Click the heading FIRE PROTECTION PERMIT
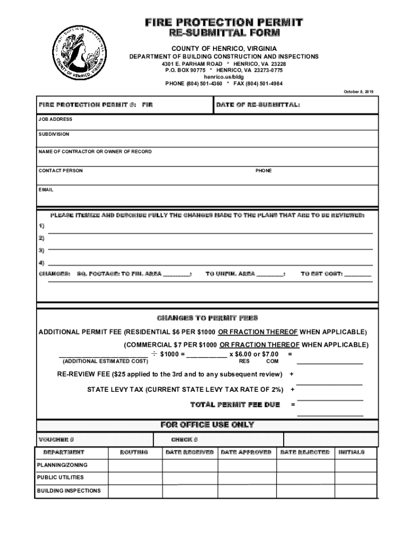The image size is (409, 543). point(224,22)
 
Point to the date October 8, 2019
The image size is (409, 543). point(359,92)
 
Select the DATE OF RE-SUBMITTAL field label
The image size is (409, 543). point(258,105)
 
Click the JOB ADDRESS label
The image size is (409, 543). point(55,120)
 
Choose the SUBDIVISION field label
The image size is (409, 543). point(54,135)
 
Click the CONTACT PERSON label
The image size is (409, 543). point(61,171)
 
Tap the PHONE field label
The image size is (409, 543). point(263,171)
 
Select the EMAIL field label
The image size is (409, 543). point(46,190)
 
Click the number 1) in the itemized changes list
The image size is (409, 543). point(41,226)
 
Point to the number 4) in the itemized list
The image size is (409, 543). point(41,262)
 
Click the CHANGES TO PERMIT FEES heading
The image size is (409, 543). point(207,318)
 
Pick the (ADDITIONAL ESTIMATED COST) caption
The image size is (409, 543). point(105,361)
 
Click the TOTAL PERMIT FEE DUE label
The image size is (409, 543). point(235,405)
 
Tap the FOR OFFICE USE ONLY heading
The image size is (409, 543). point(207,425)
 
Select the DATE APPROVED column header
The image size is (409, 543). point(246,452)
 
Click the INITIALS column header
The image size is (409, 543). point(351,452)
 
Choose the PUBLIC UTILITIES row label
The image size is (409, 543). point(60,477)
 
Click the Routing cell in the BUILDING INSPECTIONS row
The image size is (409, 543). point(135,491)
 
